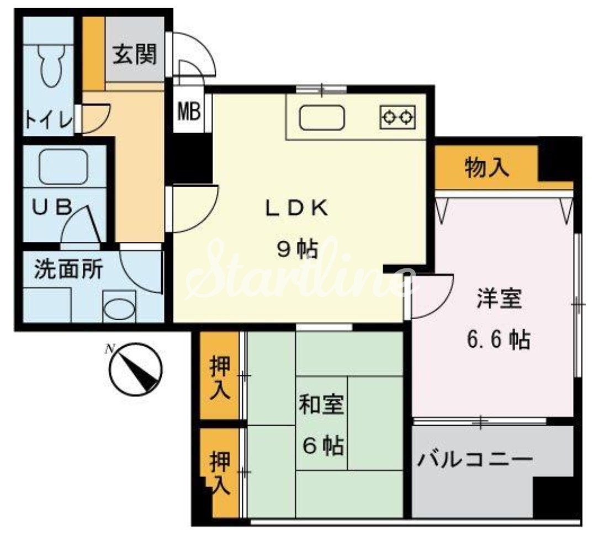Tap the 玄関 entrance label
coord(135,55)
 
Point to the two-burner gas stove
coord(398,116)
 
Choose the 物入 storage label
coord(486,167)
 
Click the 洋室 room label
coord(499,301)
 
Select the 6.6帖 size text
coord(499,338)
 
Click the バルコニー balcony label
coord(474,460)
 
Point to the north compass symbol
coord(135,369)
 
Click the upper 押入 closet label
coord(219,378)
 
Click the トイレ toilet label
coord(48,120)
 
